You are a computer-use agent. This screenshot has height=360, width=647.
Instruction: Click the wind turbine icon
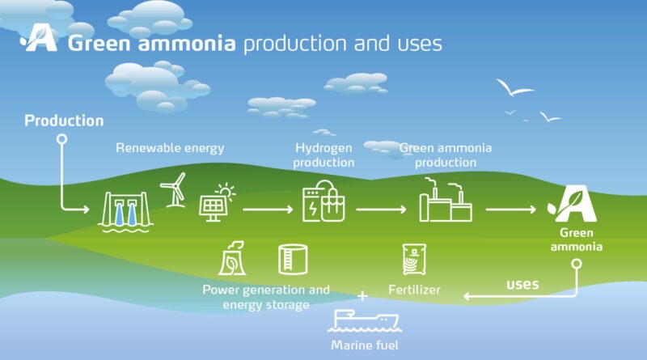174,191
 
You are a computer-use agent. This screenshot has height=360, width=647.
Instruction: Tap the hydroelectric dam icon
125,212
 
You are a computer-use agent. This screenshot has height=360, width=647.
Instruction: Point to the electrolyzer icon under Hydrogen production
323,201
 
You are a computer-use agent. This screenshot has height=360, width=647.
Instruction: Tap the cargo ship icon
365,321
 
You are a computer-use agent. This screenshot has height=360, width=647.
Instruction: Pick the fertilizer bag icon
414,259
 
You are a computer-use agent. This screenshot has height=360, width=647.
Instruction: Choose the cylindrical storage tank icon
293,259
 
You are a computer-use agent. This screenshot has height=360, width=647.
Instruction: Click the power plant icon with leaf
232,258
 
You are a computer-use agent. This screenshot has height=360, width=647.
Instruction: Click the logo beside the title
39,37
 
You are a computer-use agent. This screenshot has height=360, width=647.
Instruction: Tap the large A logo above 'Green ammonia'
573,204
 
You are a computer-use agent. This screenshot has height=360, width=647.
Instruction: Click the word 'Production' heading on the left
64,121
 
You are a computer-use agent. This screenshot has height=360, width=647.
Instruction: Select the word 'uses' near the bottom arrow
522,284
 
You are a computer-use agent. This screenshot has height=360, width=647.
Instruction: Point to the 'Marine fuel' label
365,345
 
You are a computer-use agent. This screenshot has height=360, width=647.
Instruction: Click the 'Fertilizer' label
414,290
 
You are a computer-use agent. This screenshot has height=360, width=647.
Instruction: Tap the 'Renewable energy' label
170,148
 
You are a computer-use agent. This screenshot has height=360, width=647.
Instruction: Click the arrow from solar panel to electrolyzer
268,210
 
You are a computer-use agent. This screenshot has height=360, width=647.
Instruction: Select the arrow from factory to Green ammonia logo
511,210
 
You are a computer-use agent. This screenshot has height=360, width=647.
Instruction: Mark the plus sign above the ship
362,296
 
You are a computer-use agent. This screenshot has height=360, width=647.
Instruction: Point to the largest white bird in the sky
514,87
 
